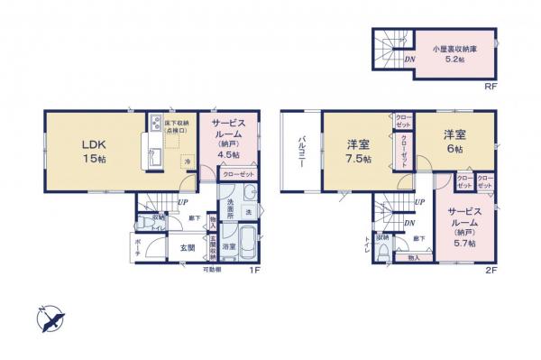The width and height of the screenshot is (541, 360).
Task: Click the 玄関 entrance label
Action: coord(188,245)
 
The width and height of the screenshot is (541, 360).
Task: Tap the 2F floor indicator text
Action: coord(491,269)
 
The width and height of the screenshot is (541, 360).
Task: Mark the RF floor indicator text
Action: coord(491,87)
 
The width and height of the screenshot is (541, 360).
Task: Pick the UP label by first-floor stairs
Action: coord(183,202)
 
